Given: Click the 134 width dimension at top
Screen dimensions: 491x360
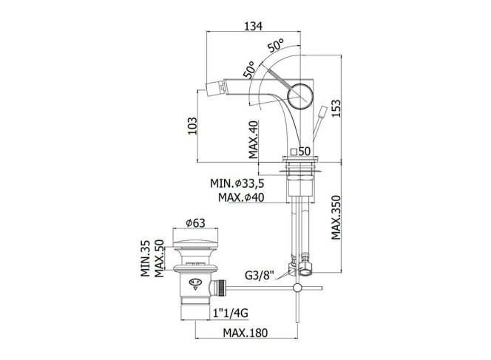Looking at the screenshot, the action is click(253, 27).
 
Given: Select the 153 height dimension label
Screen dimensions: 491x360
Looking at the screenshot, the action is click(336, 109).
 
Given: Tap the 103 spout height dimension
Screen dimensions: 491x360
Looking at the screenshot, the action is click(192, 126).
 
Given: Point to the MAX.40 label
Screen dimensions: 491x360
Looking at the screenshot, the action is click(254, 139).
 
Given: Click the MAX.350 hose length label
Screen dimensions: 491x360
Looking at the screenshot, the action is click(336, 217).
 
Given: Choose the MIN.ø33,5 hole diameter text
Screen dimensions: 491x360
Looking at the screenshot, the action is click(237, 183).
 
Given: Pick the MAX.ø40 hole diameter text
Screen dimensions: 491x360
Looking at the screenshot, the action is click(241, 197).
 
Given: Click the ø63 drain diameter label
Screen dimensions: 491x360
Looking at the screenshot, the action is click(195, 223).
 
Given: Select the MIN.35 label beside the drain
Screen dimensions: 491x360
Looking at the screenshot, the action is click(145, 258).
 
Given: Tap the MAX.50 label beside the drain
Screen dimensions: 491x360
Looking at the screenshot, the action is click(159, 258).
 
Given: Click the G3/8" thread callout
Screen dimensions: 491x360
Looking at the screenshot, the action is click(260, 276).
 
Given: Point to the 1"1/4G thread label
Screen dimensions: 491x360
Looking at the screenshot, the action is click(231, 313).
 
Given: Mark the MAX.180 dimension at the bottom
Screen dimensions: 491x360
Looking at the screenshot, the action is click(245, 333).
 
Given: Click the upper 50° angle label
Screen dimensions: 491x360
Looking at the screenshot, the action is click(276, 45).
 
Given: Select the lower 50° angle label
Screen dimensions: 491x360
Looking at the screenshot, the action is click(249, 69).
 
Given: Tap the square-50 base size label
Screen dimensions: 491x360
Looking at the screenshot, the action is click(300, 152).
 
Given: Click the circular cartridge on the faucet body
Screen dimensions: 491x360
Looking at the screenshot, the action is click(300, 97).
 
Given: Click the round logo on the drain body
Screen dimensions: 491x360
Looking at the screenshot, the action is click(194, 282).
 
